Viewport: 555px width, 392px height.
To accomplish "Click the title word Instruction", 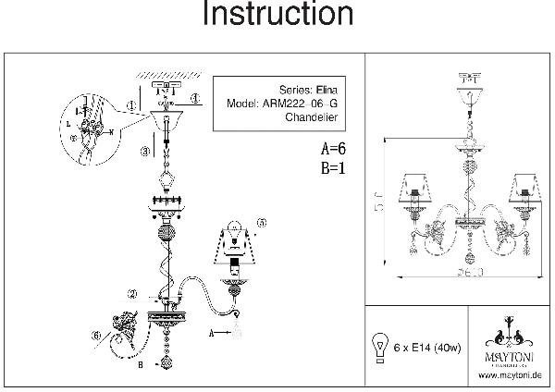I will pos(277,16).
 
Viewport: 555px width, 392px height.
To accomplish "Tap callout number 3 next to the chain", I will pos(145,151).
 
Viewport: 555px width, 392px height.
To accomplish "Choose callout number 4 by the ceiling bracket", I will pos(195,98).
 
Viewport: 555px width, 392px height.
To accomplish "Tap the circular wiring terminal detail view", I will pos(88,130).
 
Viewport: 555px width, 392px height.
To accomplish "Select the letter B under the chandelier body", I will pos(140,364).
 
